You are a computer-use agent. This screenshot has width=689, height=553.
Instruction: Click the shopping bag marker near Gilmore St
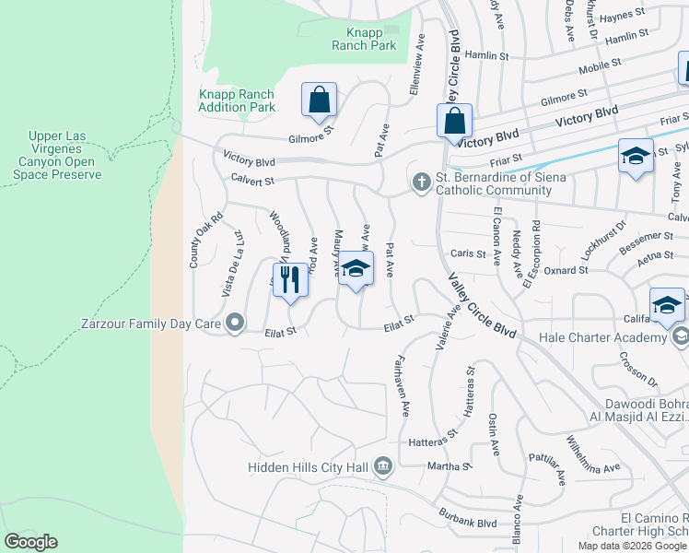(x=319, y=100)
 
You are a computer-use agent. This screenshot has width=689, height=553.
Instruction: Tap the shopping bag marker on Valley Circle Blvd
(x=454, y=121)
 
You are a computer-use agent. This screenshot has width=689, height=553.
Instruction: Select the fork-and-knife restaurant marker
(x=289, y=280)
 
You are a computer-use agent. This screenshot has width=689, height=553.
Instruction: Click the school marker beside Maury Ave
(x=356, y=270)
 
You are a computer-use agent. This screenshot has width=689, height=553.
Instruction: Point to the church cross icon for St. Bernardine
(x=421, y=182)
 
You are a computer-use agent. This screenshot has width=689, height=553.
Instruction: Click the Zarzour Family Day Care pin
(x=235, y=323)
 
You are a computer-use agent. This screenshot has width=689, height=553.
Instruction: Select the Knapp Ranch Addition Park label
(x=237, y=100)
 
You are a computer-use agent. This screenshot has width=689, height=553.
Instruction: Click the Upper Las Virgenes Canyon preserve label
(x=64, y=156)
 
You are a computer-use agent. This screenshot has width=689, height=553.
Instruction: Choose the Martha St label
(x=450, y=466)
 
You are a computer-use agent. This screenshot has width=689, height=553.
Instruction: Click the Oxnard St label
(x=568, y=270)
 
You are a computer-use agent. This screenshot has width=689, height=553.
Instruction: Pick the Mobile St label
(x=595, y=70)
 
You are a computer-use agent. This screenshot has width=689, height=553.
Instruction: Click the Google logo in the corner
(x=30, y=542)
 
